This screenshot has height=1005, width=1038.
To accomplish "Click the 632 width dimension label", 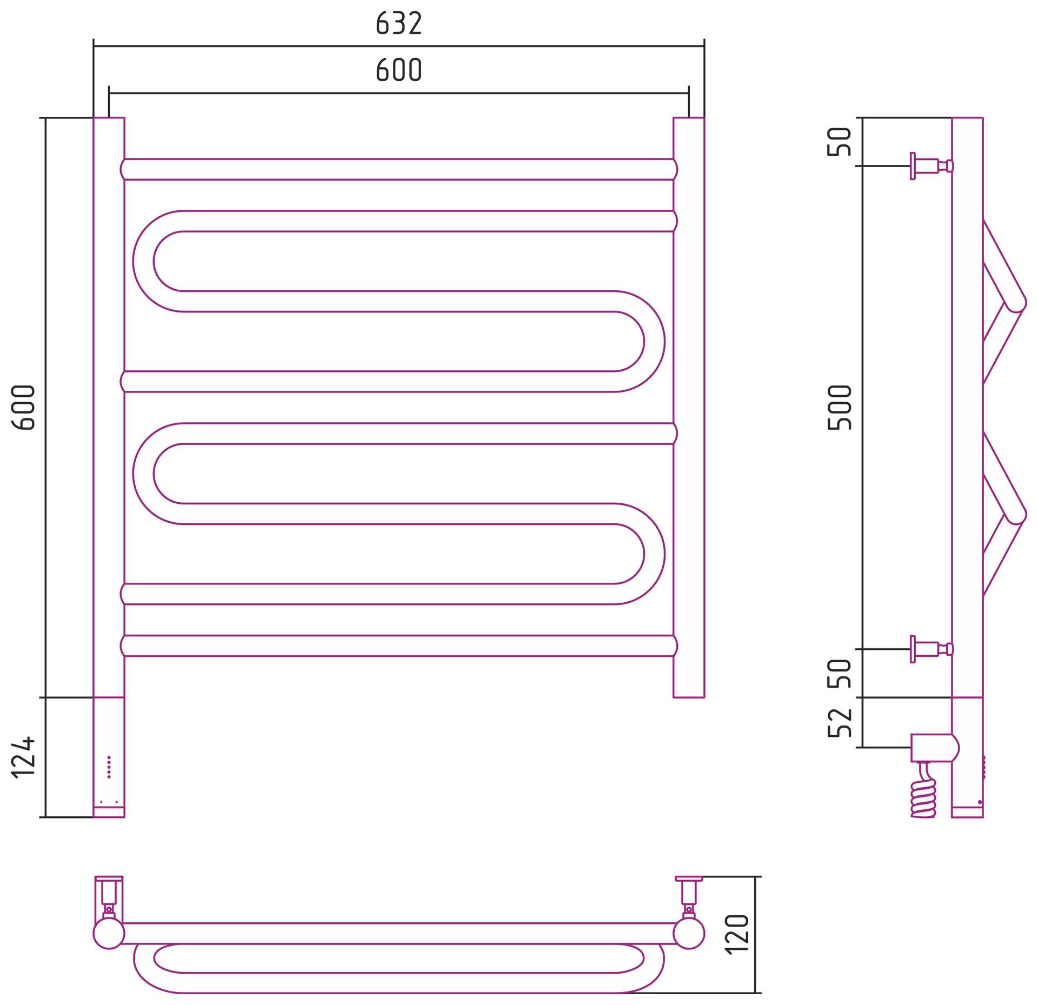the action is tap(398, 24).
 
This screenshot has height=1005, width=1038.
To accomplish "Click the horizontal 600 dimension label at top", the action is tap(398, 70).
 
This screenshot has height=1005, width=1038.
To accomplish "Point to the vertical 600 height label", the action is tap(23, 407).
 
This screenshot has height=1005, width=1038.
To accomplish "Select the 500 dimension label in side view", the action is tap(840, 407).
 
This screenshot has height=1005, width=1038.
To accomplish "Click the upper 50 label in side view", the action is tap(840, 142).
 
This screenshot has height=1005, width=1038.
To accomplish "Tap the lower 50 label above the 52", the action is tap(840, 674).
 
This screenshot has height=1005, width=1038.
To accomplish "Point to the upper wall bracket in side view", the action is tap(931, 165).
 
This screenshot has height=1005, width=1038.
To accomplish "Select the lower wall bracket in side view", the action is tap(931, 649).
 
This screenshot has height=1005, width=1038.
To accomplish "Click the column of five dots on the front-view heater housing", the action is tap(109, 767).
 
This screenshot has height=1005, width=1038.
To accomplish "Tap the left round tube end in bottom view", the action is tap(109, 933).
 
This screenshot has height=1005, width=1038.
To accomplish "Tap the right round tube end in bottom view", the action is tap(689, 933).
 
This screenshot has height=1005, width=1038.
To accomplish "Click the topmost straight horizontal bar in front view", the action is tap(399, 169).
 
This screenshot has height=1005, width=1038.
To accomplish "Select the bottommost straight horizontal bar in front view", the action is tap(399, 646).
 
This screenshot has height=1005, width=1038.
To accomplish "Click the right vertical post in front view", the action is tap(689, 407).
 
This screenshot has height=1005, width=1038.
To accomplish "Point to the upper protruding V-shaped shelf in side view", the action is tap(1004, 302).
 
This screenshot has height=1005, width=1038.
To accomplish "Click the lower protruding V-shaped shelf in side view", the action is tap(1004, 514).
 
